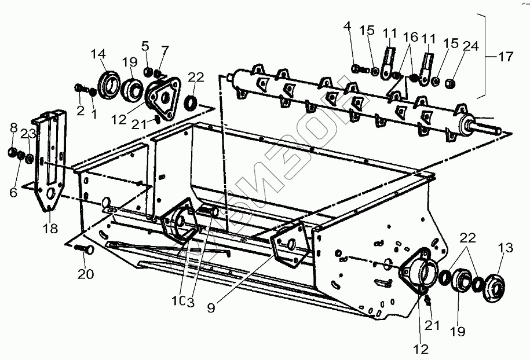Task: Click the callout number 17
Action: click(x=505, y=57)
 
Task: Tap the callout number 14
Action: click(x=98, y=54)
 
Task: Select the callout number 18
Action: click(x=51, y=228)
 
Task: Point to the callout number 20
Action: click(x=86, y=274)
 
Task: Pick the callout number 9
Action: click(x=211, y=308)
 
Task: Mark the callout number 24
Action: click(x=470, y=45)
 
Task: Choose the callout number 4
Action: click(x=348, y=26)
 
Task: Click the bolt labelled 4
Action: click(x=358, y=69)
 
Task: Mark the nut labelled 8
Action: click(x=11, y=152)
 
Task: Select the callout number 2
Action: click(x=81, y=109)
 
